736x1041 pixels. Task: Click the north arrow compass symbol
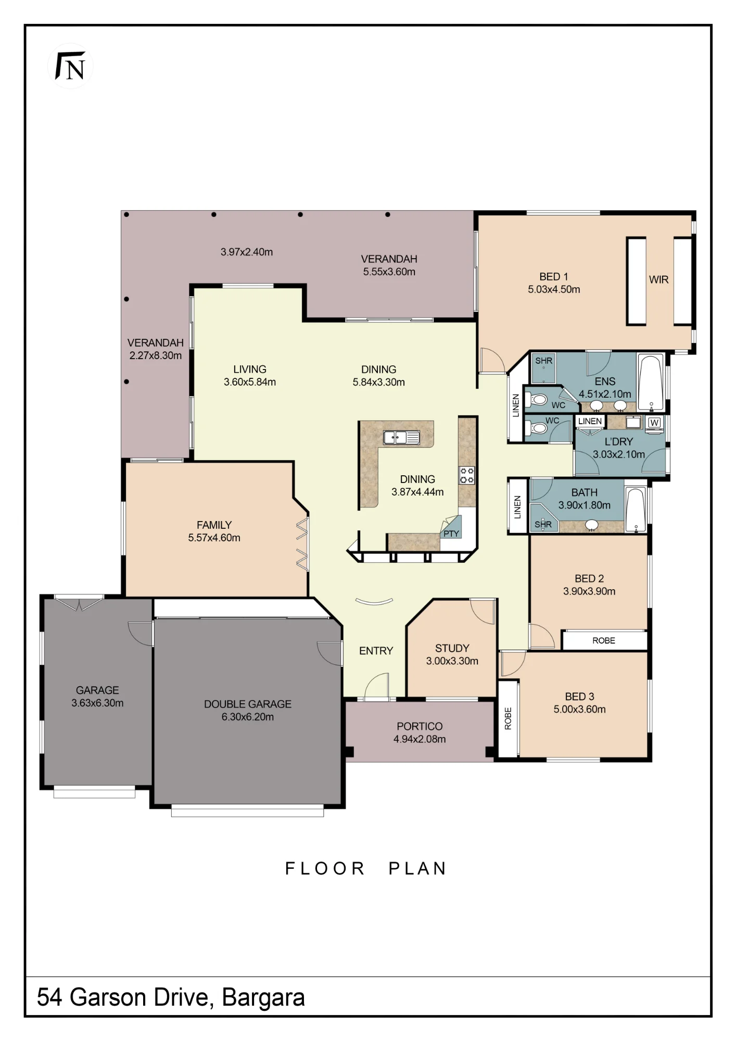[x=70, y=66]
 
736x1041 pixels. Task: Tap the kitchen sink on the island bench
[x=401, y=437]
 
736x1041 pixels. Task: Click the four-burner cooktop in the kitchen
[x=467, y=475]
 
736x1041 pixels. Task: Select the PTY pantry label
[x=451, y=534]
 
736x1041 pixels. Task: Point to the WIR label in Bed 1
[x=658, y=280]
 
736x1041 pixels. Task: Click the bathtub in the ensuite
[x=651, y=383]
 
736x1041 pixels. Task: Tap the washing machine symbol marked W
[x=655, y=422]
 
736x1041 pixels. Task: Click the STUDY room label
[x=452, y=648]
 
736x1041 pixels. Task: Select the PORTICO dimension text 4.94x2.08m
[x=420, y=739]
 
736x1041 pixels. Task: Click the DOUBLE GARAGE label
[x=248, y=704]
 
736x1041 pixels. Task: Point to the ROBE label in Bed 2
[x=604, y=641]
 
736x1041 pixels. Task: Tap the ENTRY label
[x=376, y=651]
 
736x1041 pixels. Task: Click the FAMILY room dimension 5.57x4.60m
[x=214, y=538]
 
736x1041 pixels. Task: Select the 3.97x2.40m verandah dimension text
[x=247, y=252]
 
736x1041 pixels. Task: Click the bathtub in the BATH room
[x=636, y=510]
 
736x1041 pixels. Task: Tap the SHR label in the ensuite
[x=544, y=361]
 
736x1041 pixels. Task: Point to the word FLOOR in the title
[x=325, y=869]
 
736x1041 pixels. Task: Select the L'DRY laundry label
[x=619, y=441]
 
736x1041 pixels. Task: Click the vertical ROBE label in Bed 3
[x=509, y=718]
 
